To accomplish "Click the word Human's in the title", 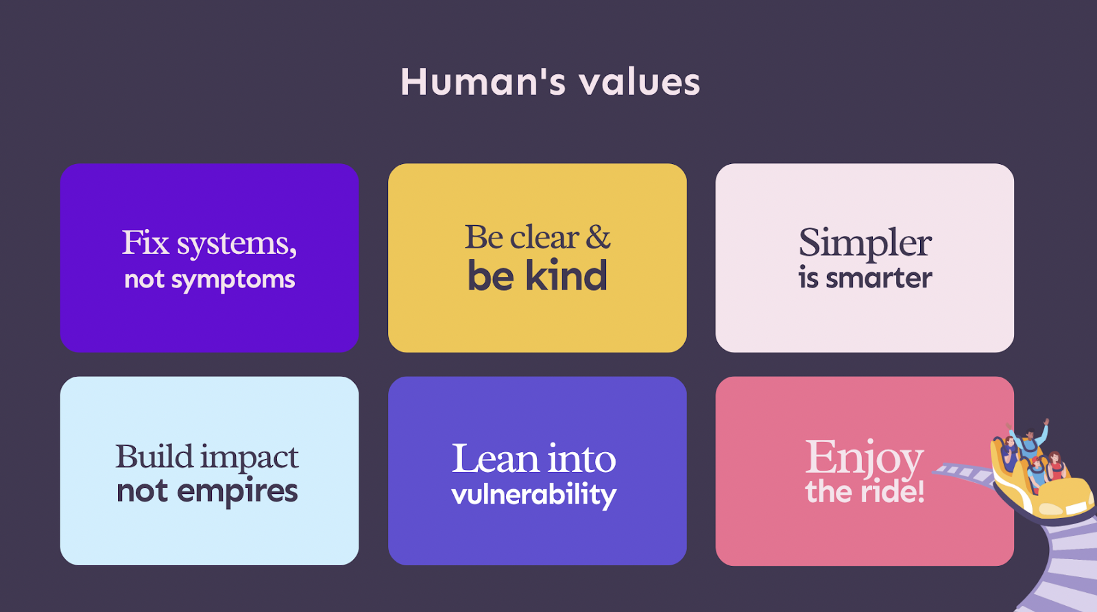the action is click(483, 82).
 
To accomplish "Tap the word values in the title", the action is click(640, 82).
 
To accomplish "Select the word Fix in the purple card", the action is click(145, 242).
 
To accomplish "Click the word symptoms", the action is click(233, 281).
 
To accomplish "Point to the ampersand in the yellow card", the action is click(598, 237).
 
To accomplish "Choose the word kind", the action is click(566, 275).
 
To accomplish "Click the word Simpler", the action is click(865, 243).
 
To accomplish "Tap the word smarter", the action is click(879, 279).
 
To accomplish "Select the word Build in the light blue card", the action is click(154, 457).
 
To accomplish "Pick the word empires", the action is click(237, 492).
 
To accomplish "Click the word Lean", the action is click(495, 458).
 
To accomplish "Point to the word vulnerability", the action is click(534, 495).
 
